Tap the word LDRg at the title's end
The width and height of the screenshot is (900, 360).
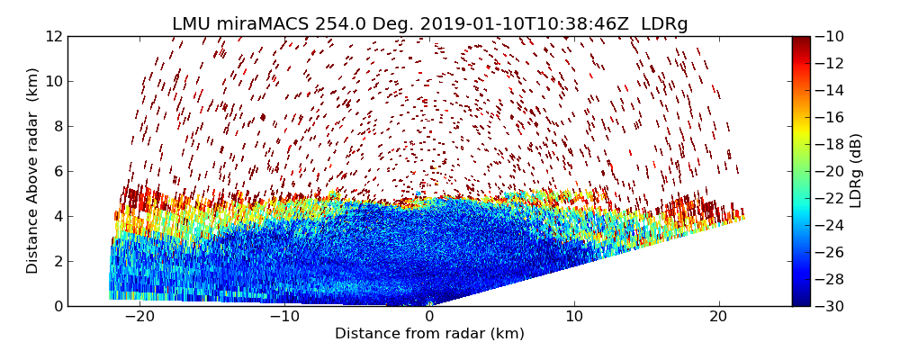(x=664, y=24)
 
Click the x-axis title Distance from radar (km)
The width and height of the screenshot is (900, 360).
(x=429, y=334)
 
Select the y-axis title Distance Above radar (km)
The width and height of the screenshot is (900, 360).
(x=33, y=171)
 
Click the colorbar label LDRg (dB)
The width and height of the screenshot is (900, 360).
(x=856, y=171)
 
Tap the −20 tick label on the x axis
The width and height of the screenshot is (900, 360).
(x=139, y=317)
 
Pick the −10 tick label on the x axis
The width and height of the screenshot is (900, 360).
(x=284, y=317)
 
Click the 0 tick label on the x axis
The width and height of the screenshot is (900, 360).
(x=429, y=317)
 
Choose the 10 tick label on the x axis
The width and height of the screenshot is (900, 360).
(x=574, y=317)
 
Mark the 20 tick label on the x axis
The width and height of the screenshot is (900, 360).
(x=719, y=317)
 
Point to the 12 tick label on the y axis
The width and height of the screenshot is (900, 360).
(x=54, y=36)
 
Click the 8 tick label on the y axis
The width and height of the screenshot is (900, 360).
(x=58, y=126)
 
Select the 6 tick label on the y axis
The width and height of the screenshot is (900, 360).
(x=58, y=171)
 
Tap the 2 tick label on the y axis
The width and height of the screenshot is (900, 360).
(x=58, y=261)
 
